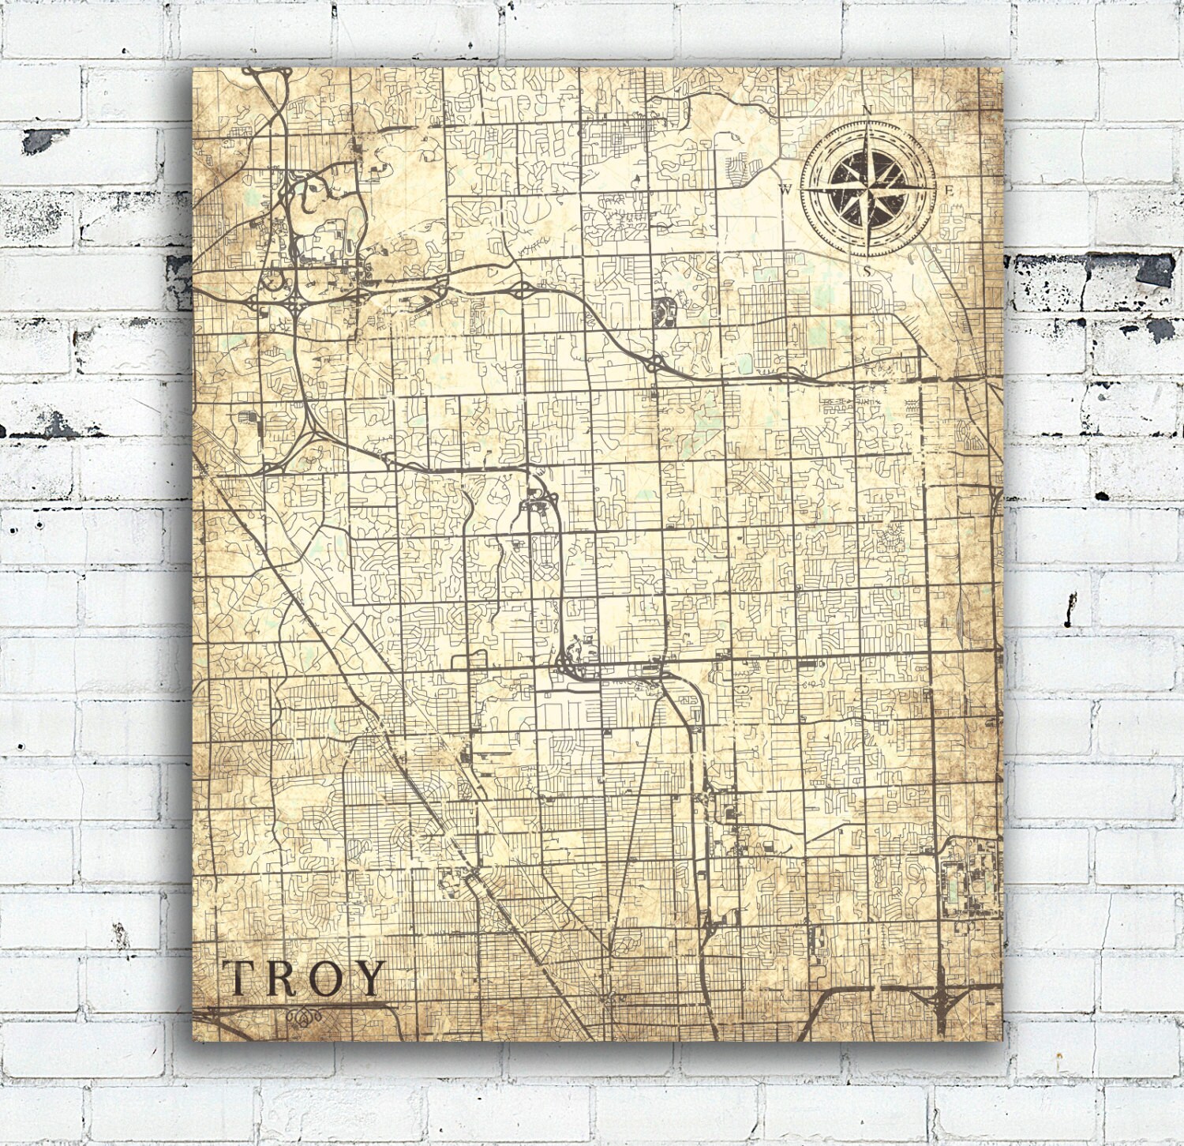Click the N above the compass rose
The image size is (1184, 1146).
[867, 110]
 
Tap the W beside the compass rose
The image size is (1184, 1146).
[786, 190]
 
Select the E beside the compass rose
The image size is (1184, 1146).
[950, 190]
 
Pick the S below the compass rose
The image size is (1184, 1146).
[867, 271]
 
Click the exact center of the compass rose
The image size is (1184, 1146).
[867, 190]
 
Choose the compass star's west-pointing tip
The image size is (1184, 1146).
[805, 190]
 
